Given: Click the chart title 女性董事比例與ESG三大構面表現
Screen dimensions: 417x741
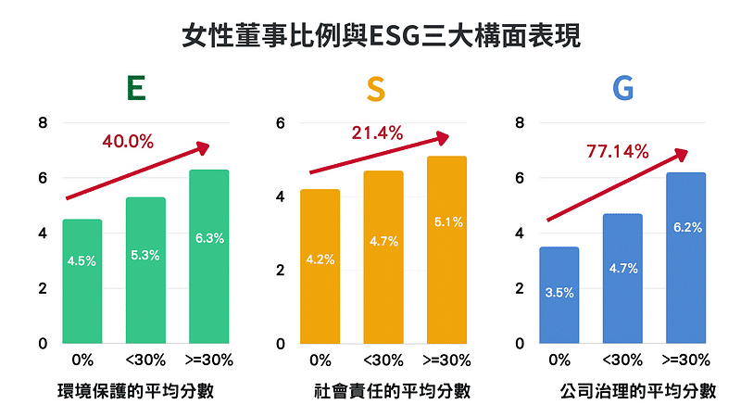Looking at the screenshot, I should [x=370, y=38].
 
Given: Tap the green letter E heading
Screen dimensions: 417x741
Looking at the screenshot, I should [x=135, y=89].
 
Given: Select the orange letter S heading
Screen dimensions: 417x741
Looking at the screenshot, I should [x=375, y=89].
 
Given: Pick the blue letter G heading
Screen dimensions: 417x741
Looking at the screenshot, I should [x=622, y=89].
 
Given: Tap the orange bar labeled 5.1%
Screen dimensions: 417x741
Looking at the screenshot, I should [x=446, y=250].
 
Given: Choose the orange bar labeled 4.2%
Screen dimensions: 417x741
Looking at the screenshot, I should [x=320, y=266].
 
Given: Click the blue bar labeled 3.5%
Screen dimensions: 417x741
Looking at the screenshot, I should [x=559, y=295].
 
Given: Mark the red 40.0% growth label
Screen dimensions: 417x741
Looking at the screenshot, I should [x=128, y=142].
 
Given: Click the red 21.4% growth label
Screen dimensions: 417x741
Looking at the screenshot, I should [x=377, y=133].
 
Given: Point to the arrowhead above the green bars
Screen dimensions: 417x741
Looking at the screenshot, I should [x=202, y=148].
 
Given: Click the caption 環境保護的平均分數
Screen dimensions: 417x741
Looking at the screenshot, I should [x=135, y=391].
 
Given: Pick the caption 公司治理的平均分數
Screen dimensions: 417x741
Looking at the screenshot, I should [x=638, y=391].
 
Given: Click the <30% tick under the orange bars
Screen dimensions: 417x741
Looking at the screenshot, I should [x=383, y=360].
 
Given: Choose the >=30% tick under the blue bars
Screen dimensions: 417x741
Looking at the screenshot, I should [x=686, y=360].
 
